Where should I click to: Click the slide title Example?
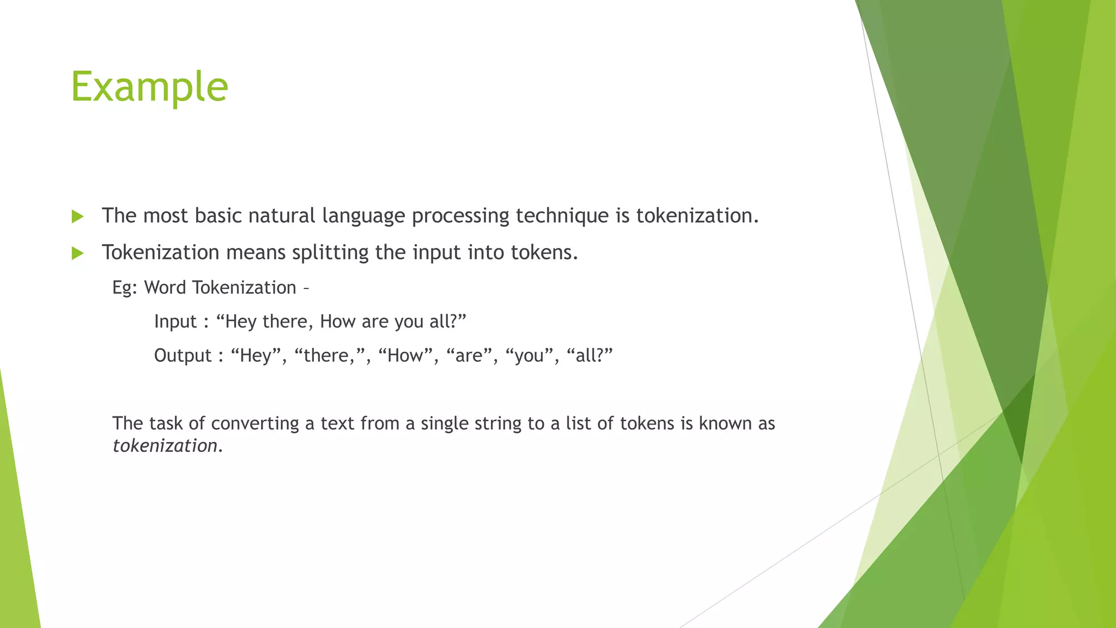(149, 87)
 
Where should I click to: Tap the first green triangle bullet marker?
(78, 217)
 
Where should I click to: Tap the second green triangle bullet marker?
(78, 253)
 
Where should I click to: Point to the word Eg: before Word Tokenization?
(125, 288)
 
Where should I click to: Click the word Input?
(175, 322)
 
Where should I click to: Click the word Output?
(183, 355)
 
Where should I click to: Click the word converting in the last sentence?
(255, 424)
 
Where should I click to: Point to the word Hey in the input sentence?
(240, 322)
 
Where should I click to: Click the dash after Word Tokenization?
(305, 288)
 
